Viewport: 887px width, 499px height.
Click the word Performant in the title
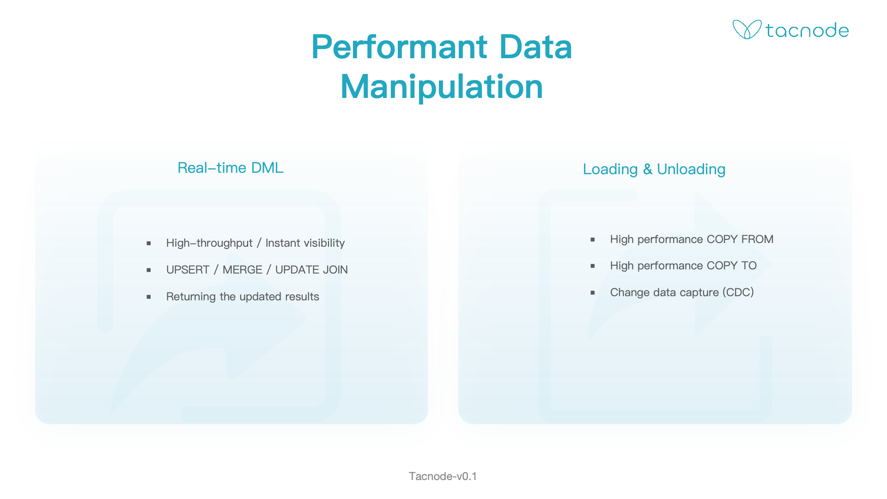400,47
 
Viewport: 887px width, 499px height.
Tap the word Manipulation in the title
442,86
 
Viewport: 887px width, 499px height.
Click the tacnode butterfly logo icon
747,30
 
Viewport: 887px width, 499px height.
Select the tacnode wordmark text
807,30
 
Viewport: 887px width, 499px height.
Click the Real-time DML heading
231,168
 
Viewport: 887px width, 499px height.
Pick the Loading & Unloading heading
654,170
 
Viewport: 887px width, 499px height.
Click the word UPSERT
188,270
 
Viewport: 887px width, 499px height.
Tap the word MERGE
242,270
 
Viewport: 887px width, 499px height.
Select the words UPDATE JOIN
311,270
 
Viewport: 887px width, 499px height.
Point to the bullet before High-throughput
149,243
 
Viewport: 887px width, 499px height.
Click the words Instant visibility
305,243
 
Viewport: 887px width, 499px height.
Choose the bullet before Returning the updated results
149,297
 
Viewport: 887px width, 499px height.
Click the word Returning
191,297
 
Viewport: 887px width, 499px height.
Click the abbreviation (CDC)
738,292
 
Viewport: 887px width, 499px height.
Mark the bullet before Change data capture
593,292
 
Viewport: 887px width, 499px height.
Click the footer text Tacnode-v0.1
443,476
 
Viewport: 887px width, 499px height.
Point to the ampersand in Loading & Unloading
648,170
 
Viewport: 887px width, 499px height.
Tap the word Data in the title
536,47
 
